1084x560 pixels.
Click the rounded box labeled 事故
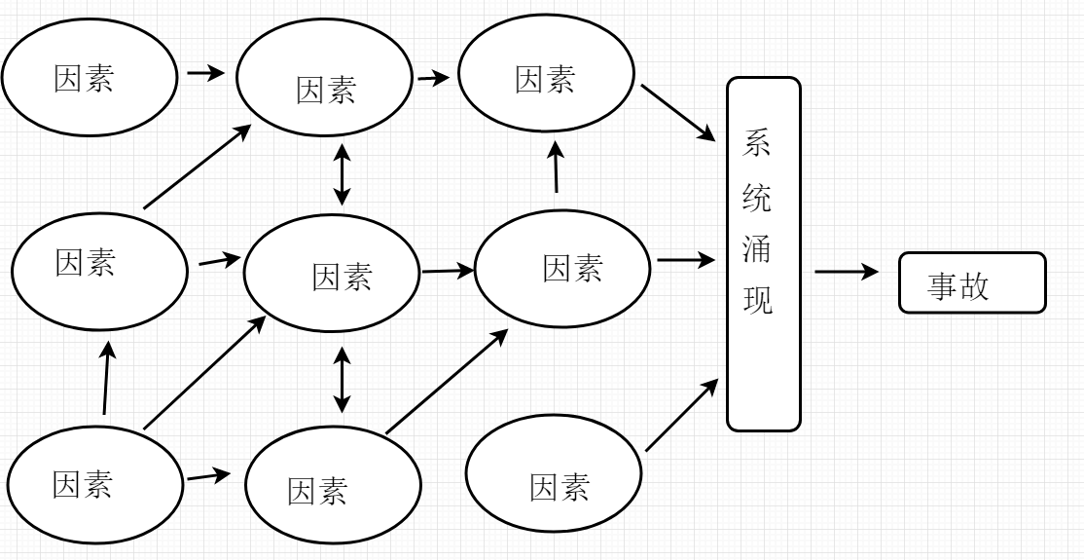(x=971, y=283)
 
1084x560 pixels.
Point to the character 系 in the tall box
(x=757, y=144)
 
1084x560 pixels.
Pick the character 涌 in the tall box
(x=757, y=250)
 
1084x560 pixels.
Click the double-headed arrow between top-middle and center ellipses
(x=342, y=175)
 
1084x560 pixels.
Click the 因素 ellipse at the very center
(x=331, y=276)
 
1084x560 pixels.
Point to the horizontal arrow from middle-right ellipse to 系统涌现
(x=687, y=261)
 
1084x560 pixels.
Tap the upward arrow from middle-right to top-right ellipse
(x=556, y=166)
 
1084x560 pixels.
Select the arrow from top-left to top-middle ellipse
(x=205, y=73)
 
